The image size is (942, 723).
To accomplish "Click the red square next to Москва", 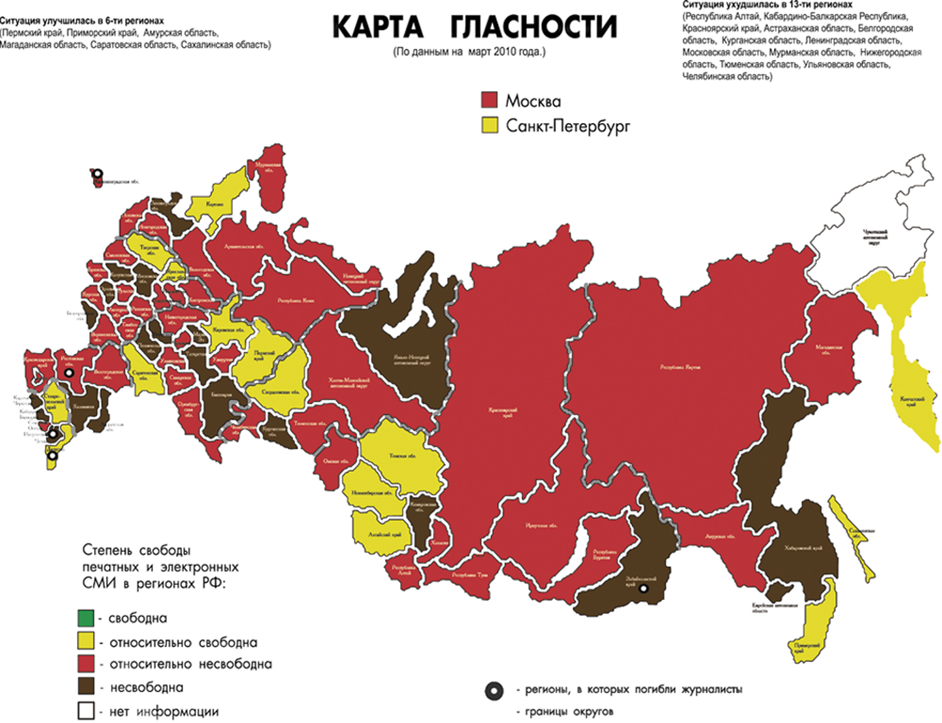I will pos(489,100).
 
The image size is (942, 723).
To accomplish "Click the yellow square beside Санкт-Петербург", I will pos(489,125).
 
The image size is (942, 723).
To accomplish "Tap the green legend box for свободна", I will pos(86,618).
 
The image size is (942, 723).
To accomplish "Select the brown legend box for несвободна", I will pos(86,687).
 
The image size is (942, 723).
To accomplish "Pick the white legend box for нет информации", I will pos(86,711).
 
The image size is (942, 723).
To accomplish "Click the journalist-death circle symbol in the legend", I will pos(494,691).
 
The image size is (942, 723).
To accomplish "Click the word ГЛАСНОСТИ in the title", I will pos(534,27).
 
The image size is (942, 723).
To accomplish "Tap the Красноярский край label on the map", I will pos(503,412).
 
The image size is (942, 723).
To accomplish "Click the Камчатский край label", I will pos(911,401).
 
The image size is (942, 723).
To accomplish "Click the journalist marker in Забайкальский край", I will pos(643,589).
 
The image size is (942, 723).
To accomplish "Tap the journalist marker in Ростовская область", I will pos(69,373).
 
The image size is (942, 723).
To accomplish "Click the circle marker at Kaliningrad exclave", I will pos(97,173).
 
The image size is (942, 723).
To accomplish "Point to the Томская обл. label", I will pos(403,456).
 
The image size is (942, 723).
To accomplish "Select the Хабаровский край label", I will pos(803,549).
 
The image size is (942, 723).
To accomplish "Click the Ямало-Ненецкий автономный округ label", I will pos(411,360).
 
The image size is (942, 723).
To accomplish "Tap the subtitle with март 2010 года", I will pos(469,52).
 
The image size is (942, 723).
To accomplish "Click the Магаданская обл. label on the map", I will pos(829,349).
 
